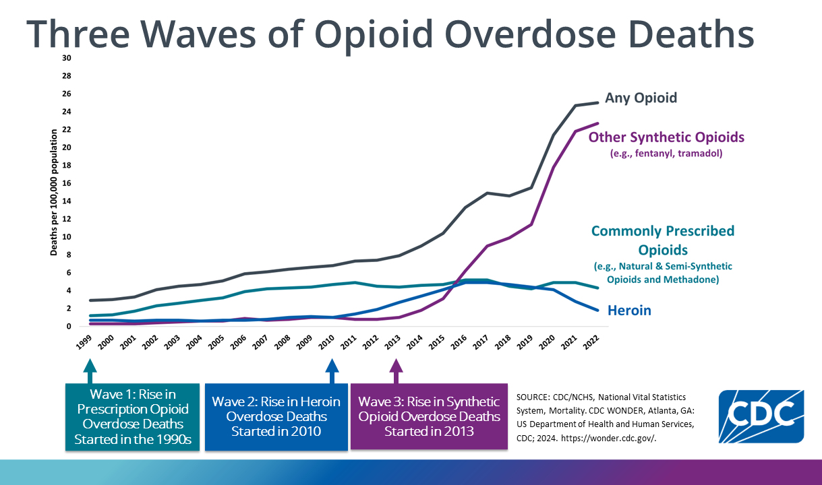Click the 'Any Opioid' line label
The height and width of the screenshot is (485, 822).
(x=641, y=98)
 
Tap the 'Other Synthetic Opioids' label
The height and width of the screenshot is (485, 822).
(x=666, y=137)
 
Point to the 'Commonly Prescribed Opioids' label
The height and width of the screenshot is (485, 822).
(x=662, y=240)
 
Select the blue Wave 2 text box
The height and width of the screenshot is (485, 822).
(x=276, y=416)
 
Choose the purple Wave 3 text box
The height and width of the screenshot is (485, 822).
(x=429, y=416)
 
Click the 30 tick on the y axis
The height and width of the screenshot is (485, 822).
(x=66, y=58)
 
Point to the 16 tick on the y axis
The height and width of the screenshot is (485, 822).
(x=66, y=183)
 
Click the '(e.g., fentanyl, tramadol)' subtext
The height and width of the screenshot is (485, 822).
(x=666, y=154)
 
